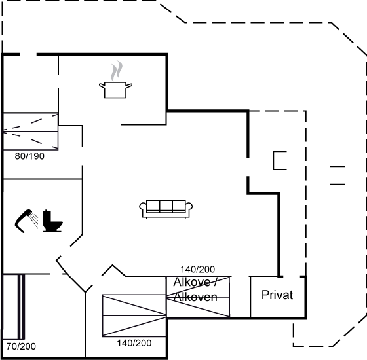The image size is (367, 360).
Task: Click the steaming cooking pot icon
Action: pos(115,79)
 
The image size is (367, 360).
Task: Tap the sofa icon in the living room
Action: pos(166,209)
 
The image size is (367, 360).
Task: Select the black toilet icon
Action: pos(52,221)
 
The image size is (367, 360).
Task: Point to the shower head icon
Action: pos(24,221)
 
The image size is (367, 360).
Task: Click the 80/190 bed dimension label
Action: pos(29,156)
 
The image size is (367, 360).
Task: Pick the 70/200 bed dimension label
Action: pos(21,346)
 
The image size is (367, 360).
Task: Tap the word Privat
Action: pos(277,295)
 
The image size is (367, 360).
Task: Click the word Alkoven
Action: pos(195,297)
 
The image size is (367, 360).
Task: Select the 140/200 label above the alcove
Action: pos(197,269)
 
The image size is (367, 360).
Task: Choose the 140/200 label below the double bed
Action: pos(134,343)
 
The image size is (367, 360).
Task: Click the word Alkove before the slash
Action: pos(191,282)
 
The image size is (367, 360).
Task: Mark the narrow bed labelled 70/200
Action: pos(21,307)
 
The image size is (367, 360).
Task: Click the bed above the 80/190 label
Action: pos(30,131)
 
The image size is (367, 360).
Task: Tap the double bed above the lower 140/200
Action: pos(134,315)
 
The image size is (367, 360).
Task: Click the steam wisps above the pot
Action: pos(117,71)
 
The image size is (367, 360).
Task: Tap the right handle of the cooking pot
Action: pos(129,86)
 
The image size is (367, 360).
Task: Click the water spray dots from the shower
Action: pos(34,220)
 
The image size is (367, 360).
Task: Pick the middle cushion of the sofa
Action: pos(166,206)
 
